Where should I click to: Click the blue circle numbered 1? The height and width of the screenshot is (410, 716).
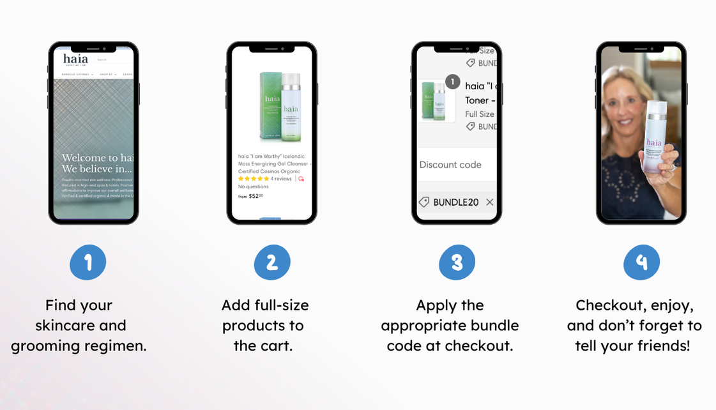pyautogui.click(x=88, y=262)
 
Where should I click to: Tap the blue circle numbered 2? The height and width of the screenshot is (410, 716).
pyautogui.click(x=272, y=262)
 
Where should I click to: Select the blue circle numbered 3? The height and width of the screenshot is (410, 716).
pyautogui.click(x=457, y=262)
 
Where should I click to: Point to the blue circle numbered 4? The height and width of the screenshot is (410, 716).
pyautogui.click(x=642, y=262)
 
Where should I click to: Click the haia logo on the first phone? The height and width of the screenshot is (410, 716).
pyautogui.click(x=75, y=59)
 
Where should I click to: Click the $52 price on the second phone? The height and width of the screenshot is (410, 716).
pyautogui.click(x=255, y=196)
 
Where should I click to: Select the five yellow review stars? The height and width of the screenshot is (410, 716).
pyautogui.click(x=254, y=179)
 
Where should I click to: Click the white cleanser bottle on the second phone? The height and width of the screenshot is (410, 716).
pyautogui.click(x=291, y=107)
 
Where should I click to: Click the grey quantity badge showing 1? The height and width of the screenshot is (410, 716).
pyautogui.click(x=452, y=82)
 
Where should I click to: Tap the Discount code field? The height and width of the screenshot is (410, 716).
pyautogui.click(x=451, y=165)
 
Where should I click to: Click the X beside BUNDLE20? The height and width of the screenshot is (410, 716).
pyautogui.click(x=489, y=202)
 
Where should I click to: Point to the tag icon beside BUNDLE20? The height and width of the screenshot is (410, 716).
pyautogui.click(x=423, y=202)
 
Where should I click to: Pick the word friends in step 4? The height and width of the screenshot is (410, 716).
pyautogui.click(x=664, y=346)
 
